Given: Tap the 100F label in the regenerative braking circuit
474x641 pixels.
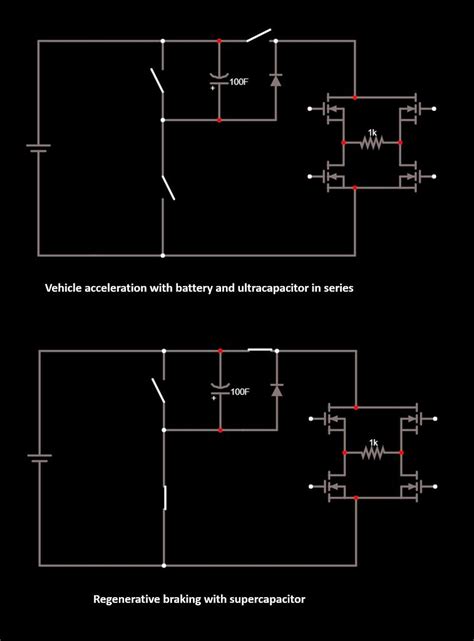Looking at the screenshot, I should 240,392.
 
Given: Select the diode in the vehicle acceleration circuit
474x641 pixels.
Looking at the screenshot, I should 275,77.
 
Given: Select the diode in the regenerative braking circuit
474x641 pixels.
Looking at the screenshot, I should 275,388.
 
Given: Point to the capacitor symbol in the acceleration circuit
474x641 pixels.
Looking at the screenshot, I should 219,79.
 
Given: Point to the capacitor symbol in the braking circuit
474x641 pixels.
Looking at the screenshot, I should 219,389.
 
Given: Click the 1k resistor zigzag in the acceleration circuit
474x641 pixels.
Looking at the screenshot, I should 372,144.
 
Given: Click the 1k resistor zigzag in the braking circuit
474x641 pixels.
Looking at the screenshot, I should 372,453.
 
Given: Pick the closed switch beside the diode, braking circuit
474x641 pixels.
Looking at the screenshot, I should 259,350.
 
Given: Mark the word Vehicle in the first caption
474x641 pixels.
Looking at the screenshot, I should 64,287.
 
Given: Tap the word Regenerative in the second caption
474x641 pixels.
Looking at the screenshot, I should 127,600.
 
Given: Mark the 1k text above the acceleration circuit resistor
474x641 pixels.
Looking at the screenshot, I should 372,131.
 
